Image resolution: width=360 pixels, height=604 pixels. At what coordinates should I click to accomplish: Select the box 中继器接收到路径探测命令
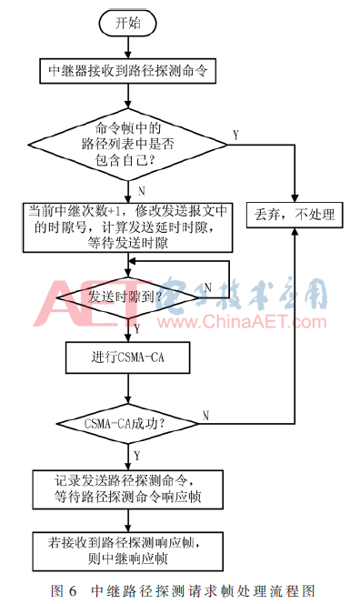pyautogui.click(x=128, y=70)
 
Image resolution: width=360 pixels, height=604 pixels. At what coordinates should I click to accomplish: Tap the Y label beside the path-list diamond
pyautogui.click(x=236, y=135)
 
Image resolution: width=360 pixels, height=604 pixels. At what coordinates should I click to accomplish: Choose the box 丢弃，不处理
pyautogui.click(x=295, y=216)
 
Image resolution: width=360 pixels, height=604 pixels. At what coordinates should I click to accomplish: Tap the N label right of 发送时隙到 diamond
pyautogui.click(x=207, y=287)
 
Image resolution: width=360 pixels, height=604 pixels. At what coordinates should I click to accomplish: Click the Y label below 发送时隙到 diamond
pyautogui.click(x=137, y=326)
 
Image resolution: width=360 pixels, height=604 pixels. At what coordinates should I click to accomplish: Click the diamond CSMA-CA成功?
pyautogui.click(x=127, y=423)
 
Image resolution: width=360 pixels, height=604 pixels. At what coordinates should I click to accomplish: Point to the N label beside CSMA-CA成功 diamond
pyautogui.click(x=206, y=414)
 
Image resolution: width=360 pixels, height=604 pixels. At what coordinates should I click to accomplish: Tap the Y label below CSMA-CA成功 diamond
pyautogui.click(x=137, y=455)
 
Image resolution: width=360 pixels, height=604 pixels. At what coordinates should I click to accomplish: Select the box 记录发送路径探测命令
pyautogui.click(x=127, y=488)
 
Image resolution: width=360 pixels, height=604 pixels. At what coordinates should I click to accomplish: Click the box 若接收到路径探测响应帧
pyautogui.click(x=127, y=549)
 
